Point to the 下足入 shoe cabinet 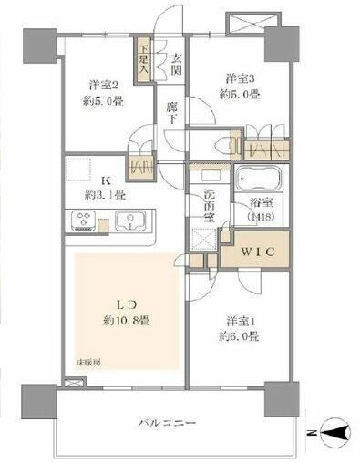pyautogui.click(x=144, y=61)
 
